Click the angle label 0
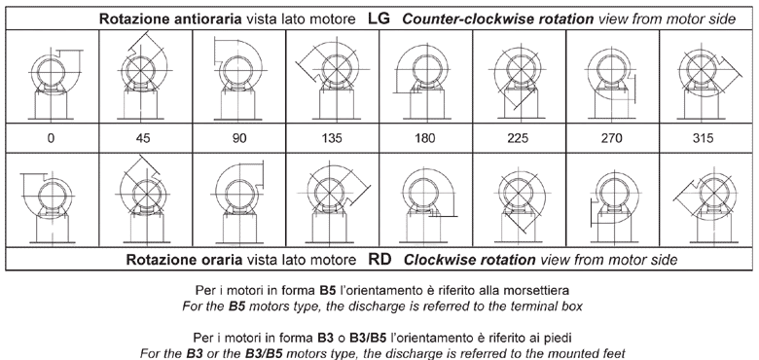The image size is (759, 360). (51, 138)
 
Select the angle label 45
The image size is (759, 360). (143, 138)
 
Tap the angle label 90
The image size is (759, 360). (239, 138)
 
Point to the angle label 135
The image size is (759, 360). (332, 138)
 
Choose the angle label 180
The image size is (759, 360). (424, 138)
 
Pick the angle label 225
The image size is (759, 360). (518, 138)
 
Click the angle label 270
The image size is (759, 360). (611, 138)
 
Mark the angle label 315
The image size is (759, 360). (703, 138)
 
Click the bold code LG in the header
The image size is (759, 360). (379, 18)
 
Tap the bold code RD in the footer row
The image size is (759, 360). (379, 260)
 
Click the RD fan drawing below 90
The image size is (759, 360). (239, 202)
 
